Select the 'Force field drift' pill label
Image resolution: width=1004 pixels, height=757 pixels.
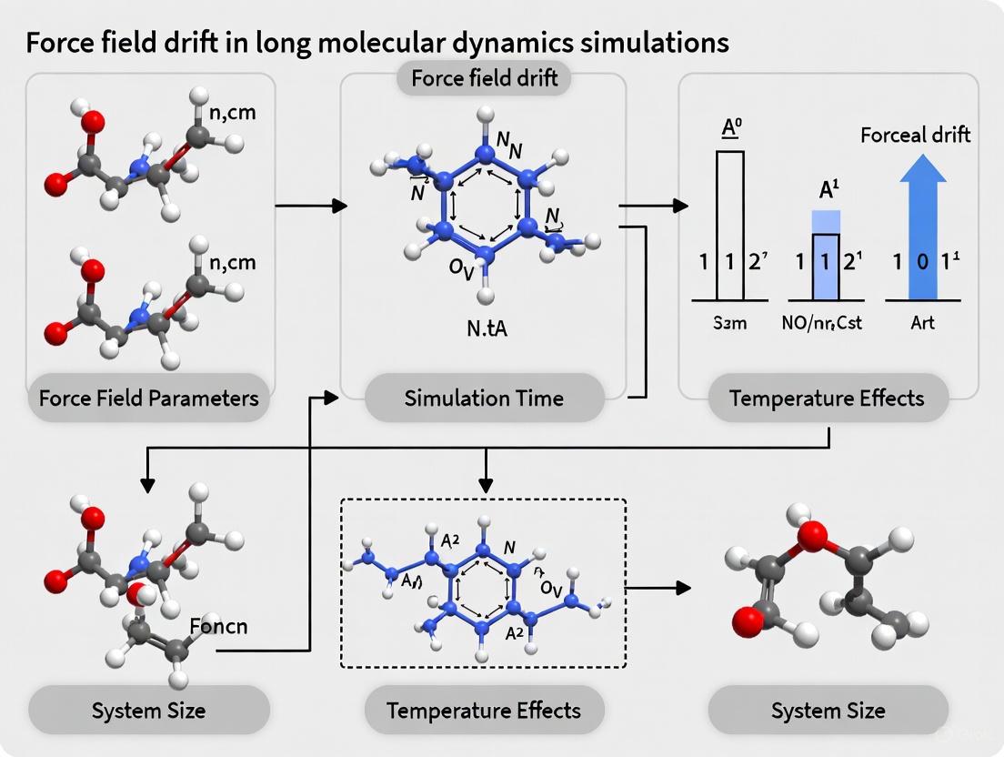[484, 78]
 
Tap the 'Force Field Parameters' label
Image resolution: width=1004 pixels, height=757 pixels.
[149, 398]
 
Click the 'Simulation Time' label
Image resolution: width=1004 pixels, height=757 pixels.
[484, 398]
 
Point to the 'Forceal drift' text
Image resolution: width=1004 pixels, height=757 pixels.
[915, 135]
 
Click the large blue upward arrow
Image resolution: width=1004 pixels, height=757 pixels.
[923, 227]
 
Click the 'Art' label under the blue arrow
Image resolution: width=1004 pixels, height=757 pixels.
[923, 322]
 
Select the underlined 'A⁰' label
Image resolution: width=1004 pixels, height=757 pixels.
[730, 126]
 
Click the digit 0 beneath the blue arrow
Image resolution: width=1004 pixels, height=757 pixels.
[923, 261]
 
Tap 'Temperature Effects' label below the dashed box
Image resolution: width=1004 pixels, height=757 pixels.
[484, 710]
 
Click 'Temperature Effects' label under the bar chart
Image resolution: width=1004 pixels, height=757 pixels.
[828, 398]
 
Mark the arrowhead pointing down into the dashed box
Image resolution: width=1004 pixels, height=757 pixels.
[488, 482]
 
